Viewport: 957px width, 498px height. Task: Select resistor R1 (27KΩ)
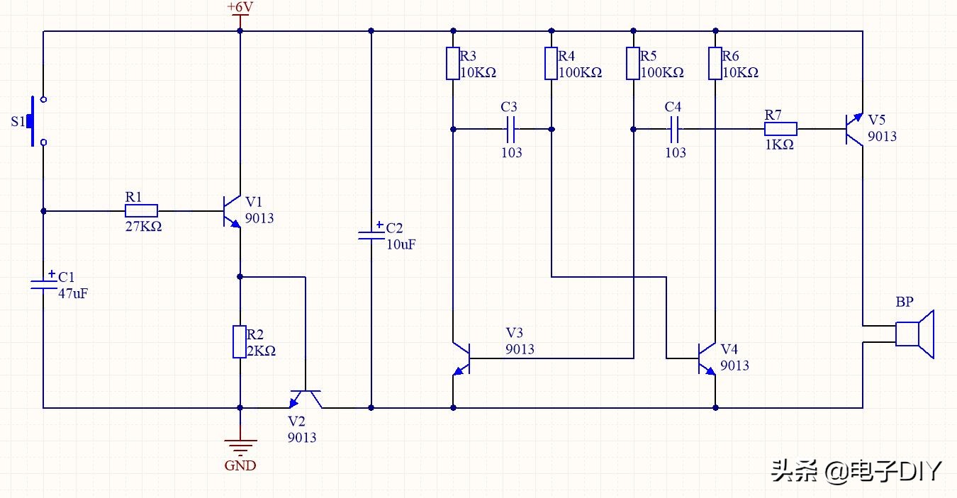coord(141,211)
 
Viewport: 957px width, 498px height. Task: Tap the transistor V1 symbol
coord(230,210)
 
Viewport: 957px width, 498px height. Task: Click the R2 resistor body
coord(240,342)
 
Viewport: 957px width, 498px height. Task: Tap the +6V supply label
coord(240,7)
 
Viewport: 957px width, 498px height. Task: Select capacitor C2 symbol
coord(371,234)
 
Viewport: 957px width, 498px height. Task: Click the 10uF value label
coord(401,244)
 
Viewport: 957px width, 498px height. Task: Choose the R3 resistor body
coord(453,63)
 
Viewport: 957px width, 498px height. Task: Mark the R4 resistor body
coord(552,63)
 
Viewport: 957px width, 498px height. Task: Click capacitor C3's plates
coord(510,129)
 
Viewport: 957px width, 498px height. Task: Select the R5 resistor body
coord(633,63)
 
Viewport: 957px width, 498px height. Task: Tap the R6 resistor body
coord(715,63)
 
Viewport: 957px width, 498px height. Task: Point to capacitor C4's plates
coord(675,129)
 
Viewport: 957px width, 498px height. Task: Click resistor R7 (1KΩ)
coord(780,129)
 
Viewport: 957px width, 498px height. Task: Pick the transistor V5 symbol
coord(854,129)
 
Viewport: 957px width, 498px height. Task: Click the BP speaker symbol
coord(915,334)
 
